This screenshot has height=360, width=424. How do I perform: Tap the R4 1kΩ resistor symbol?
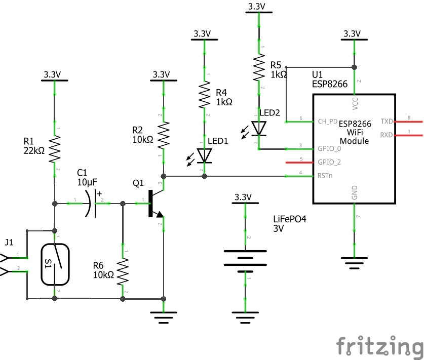pyautogui.click(x=205, y=96)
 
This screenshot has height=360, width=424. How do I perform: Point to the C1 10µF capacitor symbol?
pyautogui.click(x=92, y=204)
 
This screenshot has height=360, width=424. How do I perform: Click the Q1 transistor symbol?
pyautogui.click(x=155, y=204)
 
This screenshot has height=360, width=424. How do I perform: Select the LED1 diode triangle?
pyautogui.click(x=205, y=156)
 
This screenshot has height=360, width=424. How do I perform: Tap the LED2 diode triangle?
pyautogui.click(x=259, y=129)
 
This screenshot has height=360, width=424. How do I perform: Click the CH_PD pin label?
pyautogui.click(x=328, y=122)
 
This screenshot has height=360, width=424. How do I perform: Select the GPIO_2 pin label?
pyautogui.click(x=329, y=163)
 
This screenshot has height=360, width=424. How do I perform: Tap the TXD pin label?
pyautogui.click(x=387, y=122)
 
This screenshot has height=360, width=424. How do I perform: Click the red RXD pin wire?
pyautogui.click(x=409, y=135)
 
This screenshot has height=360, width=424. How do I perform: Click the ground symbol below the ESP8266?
pyautogui.click(x=354, y=261)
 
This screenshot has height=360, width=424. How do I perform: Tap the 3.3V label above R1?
pyautogui.click(x=53, y=74)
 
